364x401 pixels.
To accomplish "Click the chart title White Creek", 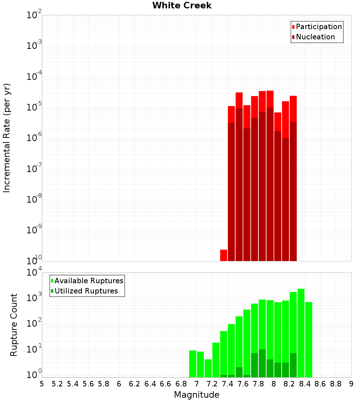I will pyautogui.click(x=182, y=5).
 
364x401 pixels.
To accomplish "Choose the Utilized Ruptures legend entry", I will pyautogui.click(x=86, y=291).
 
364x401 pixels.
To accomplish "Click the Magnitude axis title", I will pyautogui.click(x=197, y=395).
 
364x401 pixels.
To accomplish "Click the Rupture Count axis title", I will pyautogui.click(x=14, y=325).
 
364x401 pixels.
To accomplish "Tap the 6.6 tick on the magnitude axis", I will pyautogui.click(x=166, y=384).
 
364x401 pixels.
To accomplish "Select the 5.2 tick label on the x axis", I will pyautogui.click(x=57, y=384).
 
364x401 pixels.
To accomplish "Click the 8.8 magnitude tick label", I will pyautogui.click(x=336, y=384).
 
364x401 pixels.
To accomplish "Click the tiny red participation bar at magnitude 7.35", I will pyautogui.click(x=223, y=255).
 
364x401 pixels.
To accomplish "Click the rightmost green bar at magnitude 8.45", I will pyautogui.click(x=309, y=339).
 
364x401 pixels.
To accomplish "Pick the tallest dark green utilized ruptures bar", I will pyautogui.click(x=262, y=363).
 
